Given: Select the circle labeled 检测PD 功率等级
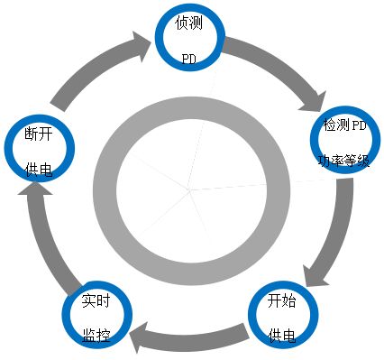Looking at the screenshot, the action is [344, 143].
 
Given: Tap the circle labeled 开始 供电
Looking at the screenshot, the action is [282, 318].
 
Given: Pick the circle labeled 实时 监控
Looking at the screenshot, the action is [96, 317].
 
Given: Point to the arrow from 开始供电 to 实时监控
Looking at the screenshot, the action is [189, 337].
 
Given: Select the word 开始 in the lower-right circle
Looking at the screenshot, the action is [282, 300].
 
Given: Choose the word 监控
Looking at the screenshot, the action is [96, 335].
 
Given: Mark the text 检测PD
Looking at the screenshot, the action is [344, 125].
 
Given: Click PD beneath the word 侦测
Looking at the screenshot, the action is [189, 58].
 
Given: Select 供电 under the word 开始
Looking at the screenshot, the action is [282, 336].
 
